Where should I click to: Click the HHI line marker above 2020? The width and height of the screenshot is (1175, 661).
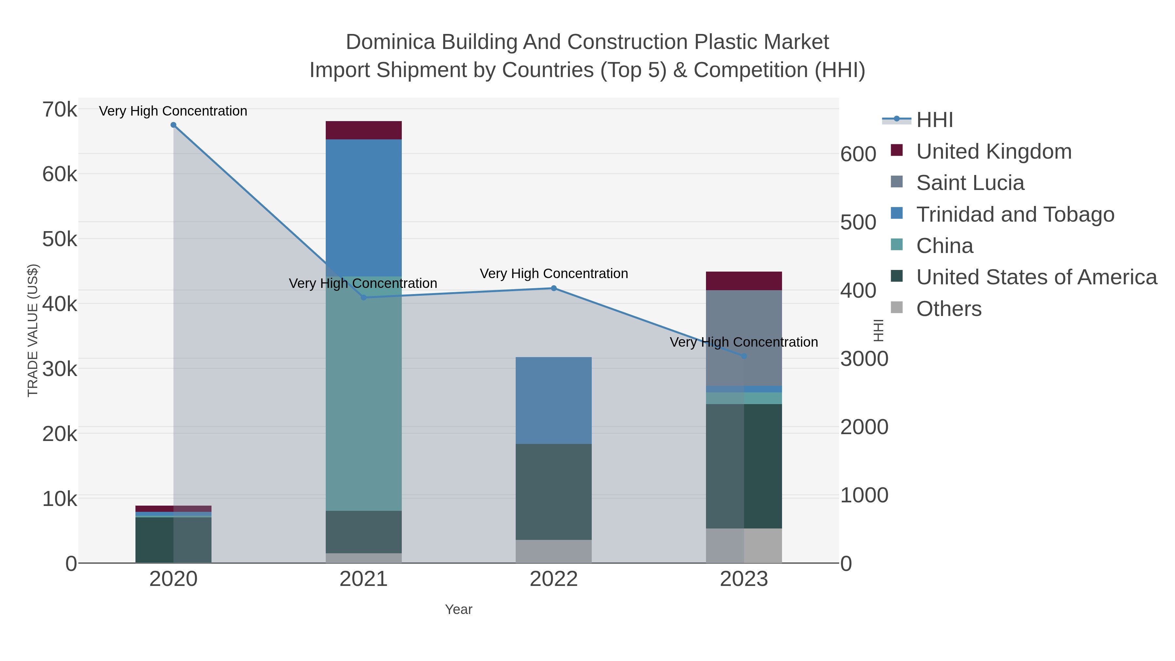[173, 125]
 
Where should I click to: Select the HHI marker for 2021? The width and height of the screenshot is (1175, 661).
[364, 297]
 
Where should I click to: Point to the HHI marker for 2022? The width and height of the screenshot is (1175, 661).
[554, 288]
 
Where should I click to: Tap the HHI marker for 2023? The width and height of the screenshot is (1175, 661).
[744, 356]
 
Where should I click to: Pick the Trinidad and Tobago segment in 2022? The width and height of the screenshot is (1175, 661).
[554, 400]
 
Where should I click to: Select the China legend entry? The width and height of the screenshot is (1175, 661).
[944, 246]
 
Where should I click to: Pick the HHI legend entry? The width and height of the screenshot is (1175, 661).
[934, 120]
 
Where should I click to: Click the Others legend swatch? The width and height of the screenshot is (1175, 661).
[897, 308]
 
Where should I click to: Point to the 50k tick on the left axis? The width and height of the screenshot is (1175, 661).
[60, 239]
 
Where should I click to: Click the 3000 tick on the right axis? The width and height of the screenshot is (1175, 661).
[864, 359]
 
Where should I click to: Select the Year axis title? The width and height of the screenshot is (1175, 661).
[459, 609]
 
